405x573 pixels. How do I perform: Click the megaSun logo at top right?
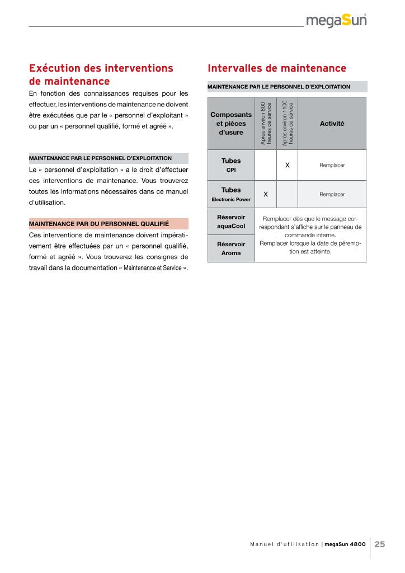coord(337,21)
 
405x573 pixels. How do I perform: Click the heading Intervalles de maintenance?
coord(277,68)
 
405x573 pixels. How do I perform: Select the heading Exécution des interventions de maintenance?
coord(101,75)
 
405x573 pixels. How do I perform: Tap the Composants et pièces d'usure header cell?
coord(231,123)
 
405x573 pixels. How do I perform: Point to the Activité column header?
coord(332,123)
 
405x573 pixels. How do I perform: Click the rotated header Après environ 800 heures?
coord(266,123)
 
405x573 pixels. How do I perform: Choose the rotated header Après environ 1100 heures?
coord(287,123)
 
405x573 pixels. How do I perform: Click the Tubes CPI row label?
coord(231,165)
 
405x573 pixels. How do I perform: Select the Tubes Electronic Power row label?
coord(231,194)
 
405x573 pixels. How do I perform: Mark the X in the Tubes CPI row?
coord(287,165)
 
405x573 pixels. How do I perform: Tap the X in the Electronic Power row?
coord(266,194)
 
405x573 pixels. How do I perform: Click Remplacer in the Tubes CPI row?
coord(332,166)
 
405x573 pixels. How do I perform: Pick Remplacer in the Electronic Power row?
coord(332,194)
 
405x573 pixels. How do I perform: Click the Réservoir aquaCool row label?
coord(231,222)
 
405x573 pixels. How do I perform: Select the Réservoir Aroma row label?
coord(231,248)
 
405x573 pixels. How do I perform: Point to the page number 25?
coord(380,544)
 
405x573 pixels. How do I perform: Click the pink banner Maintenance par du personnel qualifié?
coord(109,224)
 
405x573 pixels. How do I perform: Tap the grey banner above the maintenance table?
coord(287,87)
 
